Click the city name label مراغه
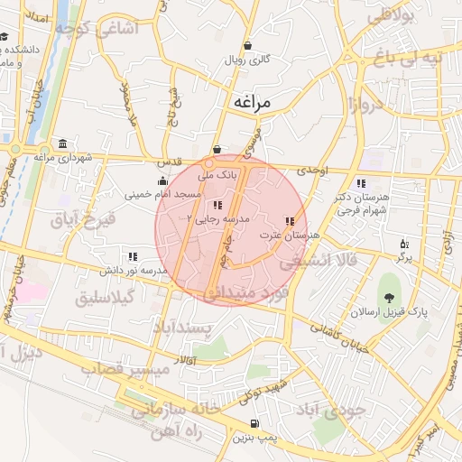[x=252, y=102]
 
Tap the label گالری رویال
[x=248, y=62]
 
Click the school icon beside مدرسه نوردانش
[x=134, y=256]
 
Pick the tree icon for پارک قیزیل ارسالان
[x=389, y=297]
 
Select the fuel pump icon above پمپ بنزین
[x=254, y=425]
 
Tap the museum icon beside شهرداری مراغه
[x=61, y=144]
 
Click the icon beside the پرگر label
[x=403, y=244]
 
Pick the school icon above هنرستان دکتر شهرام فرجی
[x=362, y=184]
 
